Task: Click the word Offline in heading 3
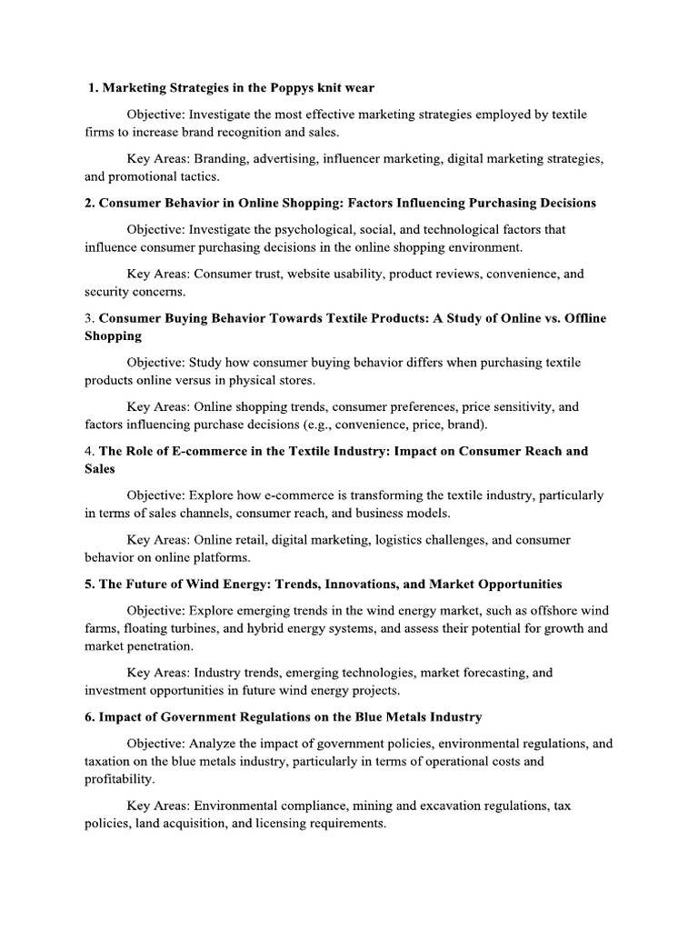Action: (x=582, y=318)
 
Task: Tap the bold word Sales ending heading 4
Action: (x=100, y=468)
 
